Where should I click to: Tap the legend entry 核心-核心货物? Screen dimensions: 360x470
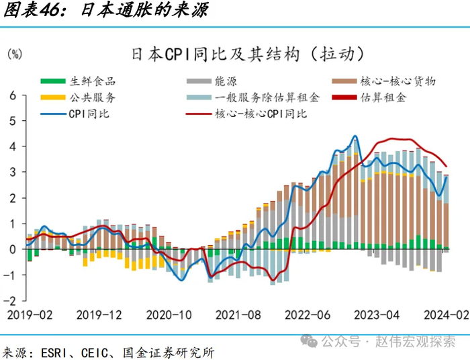[x=397, y=81]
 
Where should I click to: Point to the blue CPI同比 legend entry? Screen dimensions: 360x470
[x=88, y=114]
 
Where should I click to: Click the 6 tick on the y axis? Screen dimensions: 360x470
[x=11, y=95]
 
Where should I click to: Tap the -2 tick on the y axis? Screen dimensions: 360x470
[x=10, y=300]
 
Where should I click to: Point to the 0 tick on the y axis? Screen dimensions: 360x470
[x=11, y=249]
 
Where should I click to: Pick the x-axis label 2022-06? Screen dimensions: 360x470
[x=307, y=314]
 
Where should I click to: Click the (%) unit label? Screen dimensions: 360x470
[x=14, y=54]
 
